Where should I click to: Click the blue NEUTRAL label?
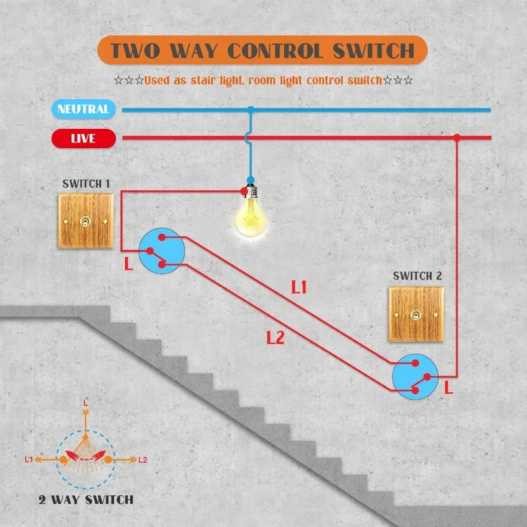click(83, 110)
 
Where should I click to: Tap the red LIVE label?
click(83, 139)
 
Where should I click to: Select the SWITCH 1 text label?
click(86, 184)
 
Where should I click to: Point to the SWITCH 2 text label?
click(417, 276)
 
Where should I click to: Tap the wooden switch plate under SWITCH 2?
click(417, 314)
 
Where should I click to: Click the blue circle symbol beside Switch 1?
click(162, 251)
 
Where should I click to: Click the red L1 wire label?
click(299, 287)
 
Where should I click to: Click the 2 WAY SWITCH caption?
click(85, 499)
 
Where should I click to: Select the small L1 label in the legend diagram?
click(28, 460)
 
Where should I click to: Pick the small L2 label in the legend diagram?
click(143, 460)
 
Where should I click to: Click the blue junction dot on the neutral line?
click(251, 110)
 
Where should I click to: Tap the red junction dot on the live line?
click(456, 138)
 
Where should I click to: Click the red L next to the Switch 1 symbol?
click(128, 264)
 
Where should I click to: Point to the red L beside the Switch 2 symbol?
click(448, 388)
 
